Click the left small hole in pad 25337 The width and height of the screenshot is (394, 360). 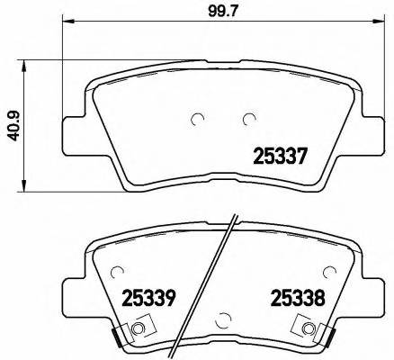[x=199, y=119]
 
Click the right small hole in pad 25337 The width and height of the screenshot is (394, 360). [x=249, y=119]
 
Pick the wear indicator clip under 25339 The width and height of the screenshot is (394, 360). [x=138, y=331]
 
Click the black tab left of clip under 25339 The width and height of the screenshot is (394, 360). [x=115, y=336]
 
